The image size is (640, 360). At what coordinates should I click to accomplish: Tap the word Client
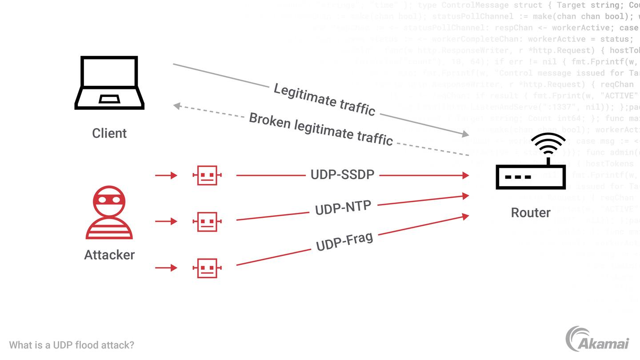pos(109,133)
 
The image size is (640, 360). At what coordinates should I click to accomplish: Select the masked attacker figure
pos(109,212)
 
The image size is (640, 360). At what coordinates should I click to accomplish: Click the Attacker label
pos(109,255)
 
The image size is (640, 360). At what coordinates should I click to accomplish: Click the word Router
pos(531,212)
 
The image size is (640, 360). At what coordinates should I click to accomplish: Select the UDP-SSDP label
pos(342,175)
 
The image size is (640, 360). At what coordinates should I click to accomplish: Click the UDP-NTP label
pos(343,208)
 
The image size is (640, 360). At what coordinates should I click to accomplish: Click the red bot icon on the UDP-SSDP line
pos(207,176)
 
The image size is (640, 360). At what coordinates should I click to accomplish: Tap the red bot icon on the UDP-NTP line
pos(207,221)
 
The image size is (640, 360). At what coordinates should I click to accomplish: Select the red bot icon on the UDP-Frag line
pos(207,268)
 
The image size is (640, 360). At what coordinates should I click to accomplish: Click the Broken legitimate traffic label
pos(321,129)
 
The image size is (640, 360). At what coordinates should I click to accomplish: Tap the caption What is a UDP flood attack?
pos(72,345)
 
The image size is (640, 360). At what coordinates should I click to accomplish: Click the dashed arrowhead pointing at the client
pos(176,106)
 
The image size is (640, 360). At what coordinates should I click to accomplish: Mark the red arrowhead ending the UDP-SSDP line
pos(465,176)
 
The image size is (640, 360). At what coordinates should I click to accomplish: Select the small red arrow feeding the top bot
pos(166,176)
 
